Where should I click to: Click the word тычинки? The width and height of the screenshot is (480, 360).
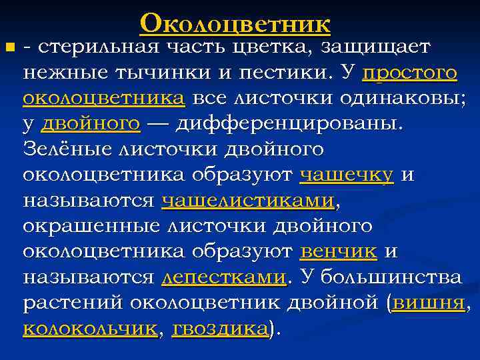pos(157,73)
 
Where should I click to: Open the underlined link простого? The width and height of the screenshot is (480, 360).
pos(411,73)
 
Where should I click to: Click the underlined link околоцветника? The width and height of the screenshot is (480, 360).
pos(103,99)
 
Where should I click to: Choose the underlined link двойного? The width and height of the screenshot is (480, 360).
pos(91,124)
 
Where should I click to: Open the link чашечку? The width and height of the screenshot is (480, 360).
pos(347,175)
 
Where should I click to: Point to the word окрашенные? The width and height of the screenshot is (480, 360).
pos(94,225)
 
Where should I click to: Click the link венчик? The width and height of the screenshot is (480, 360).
pos(339,251)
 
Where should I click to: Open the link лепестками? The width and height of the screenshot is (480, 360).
pos(224,277)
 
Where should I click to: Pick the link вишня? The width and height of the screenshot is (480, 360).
pos(429,302)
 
